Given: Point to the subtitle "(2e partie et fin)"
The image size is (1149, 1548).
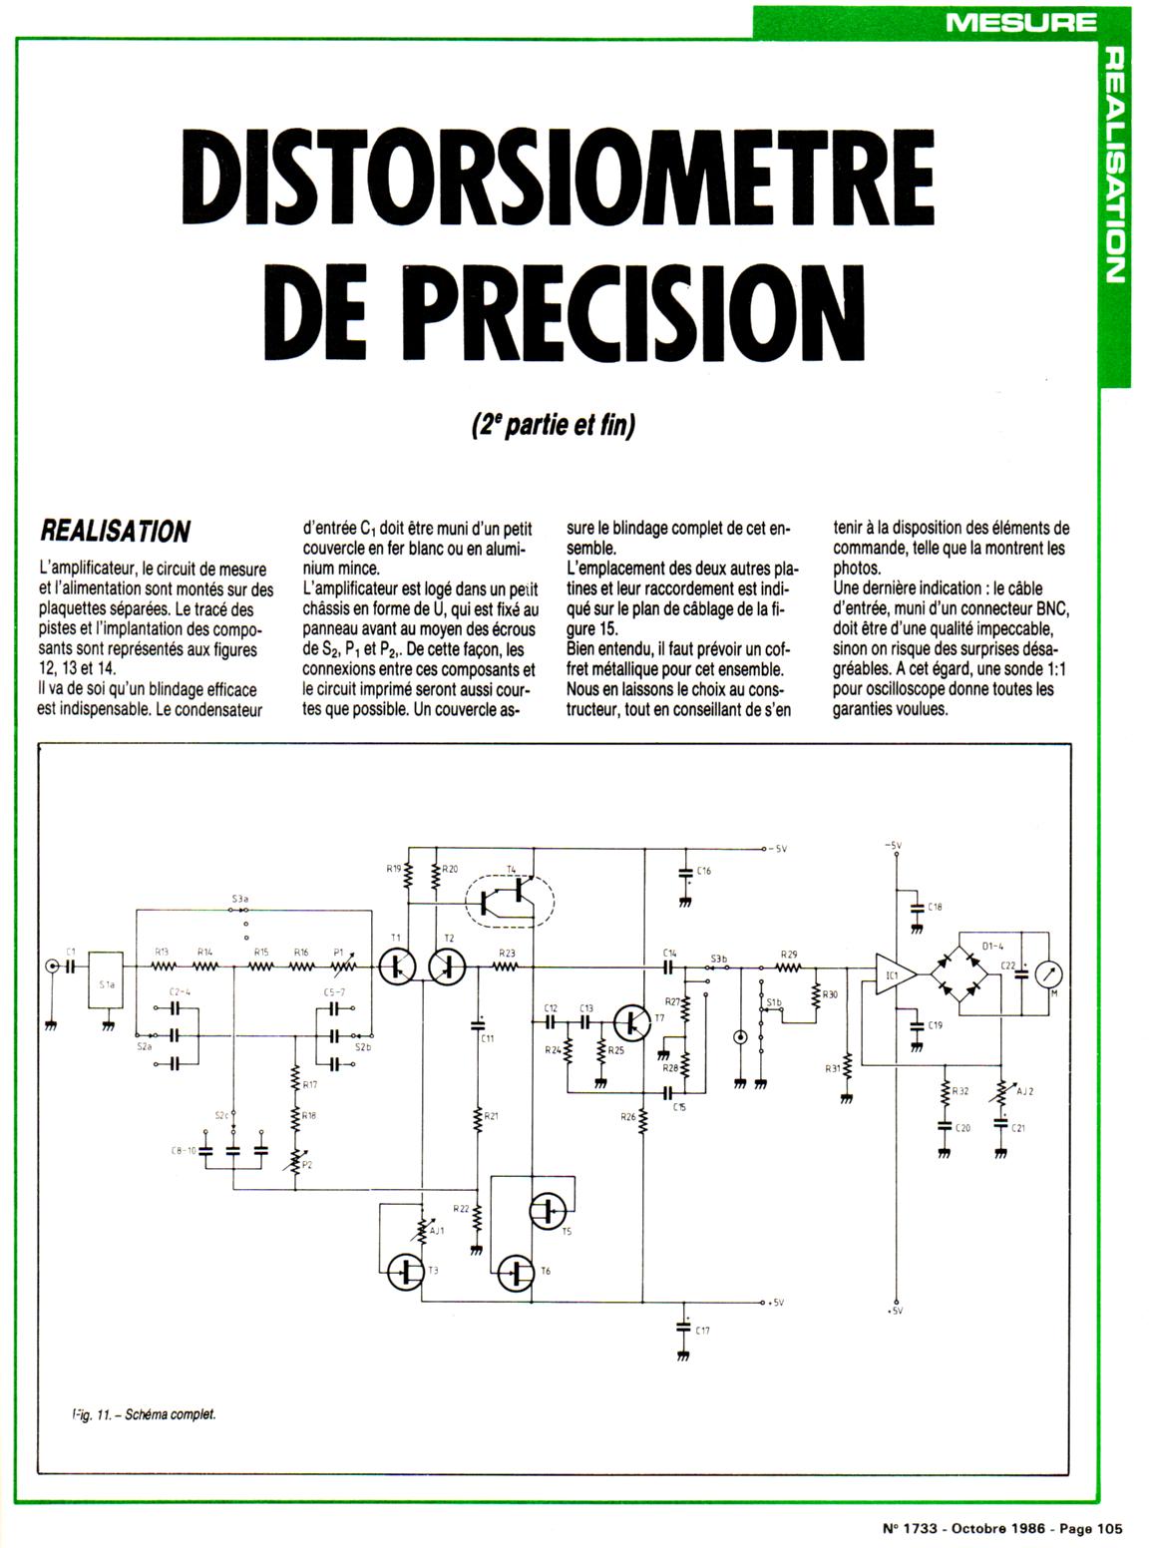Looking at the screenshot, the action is pyautogui.click(x=552, y=426).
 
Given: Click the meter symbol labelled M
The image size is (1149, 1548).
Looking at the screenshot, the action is pyautogui.click(x=1049, y=973).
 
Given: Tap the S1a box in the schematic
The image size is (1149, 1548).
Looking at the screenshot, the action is pyautogui.click(x=106, y=983).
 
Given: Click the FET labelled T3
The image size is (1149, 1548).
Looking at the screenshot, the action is pyautogui.click(x=408, y=1270).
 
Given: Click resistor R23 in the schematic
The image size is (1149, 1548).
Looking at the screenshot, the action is pyautogui.click(x=507, y=966).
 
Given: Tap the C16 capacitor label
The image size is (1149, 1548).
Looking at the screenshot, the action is pyautogui.click(x=704, y=871).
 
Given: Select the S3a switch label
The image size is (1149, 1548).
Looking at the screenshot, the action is pyautogui.click(x=239, y=899).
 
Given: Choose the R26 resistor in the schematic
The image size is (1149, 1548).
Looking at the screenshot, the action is pyautogui.click(x=643, y=1124).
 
